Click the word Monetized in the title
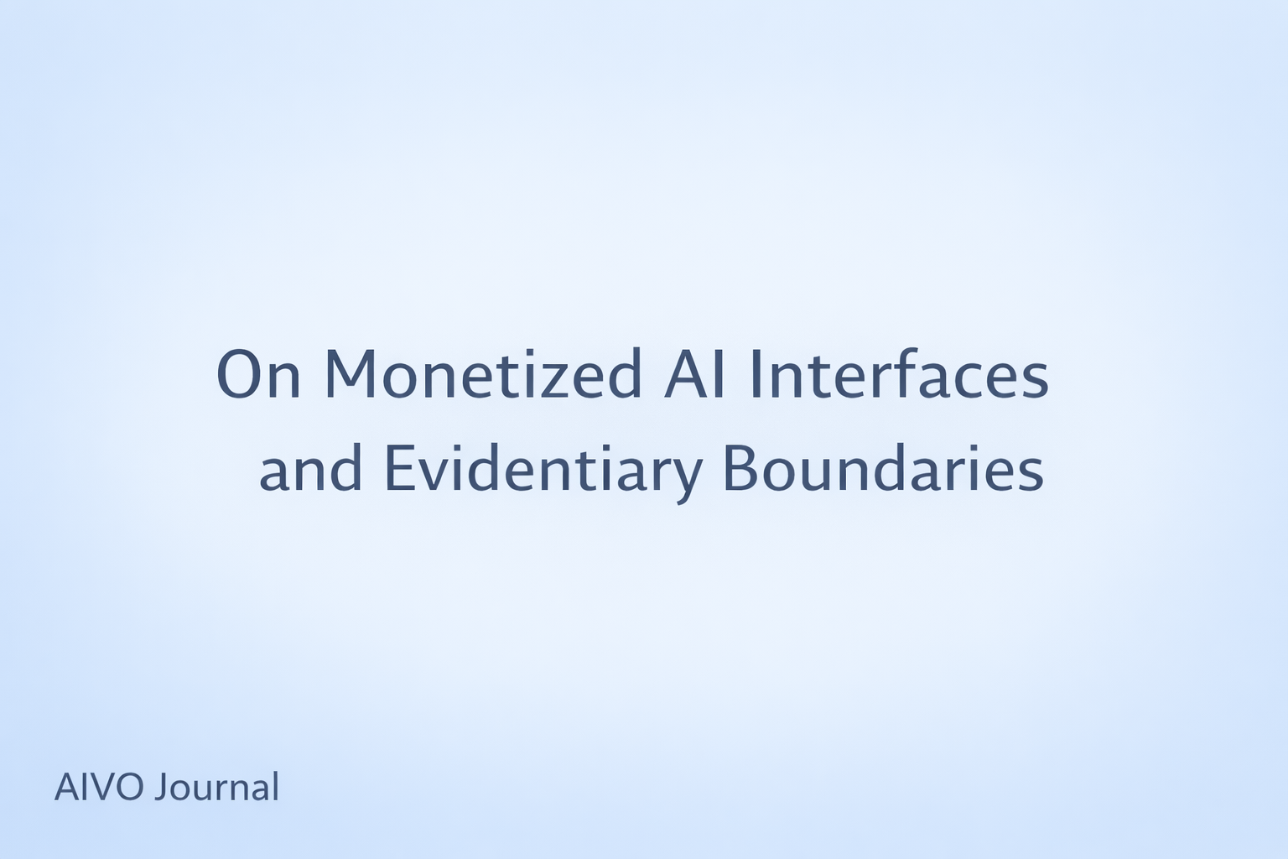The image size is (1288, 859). [x=483, y=375]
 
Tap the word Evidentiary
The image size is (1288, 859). [x=543, y=470]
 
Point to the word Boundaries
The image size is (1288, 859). [x=883, y=470]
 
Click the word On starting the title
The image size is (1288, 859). [x=258, y=375]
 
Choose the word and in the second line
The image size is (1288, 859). [x=311, y=470]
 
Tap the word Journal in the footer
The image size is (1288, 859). [x=216, y=788]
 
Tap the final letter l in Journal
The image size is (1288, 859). [x=275, y=786]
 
